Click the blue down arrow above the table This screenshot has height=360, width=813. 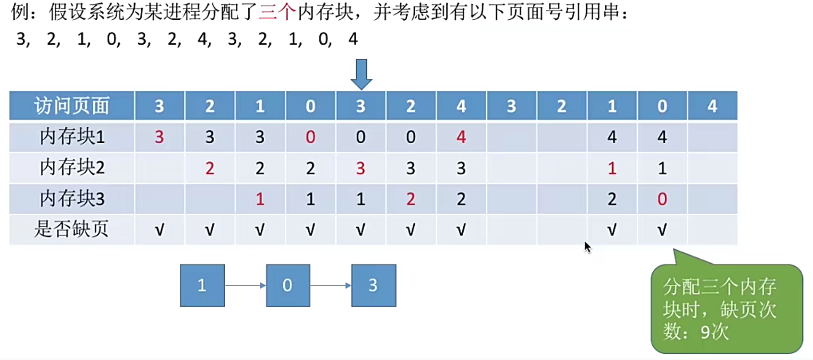click(x=361, y=74)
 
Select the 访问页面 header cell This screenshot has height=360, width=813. click(x=72, y=106)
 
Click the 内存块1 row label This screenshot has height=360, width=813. click(x=72, y=137)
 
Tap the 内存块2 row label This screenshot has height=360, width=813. click(x=72, y=168)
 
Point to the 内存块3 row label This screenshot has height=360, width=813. click(x=72, y=199)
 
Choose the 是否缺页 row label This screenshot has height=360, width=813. click(x=72, y=230)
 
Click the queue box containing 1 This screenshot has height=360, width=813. click(x=202, y=285)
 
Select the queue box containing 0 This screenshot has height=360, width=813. click(x=288, y=285)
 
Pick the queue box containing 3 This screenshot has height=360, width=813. click(x=373, y=285)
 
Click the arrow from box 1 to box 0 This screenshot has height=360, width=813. click(x=245, y=286)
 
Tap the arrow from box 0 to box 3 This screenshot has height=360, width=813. click(x=331, y=286)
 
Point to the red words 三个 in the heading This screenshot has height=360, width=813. click(x=277, y=13)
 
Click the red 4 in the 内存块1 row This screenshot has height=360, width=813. click(x=461, y=137)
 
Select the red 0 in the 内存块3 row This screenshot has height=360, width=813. click(x=662, y=199)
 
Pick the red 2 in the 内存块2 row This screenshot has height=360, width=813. click(x=210, y=168)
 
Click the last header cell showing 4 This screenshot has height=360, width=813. click(x=712, y=106)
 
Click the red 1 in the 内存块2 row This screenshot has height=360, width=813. click(x=612, y=168)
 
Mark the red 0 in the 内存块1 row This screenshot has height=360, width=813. click(x=310, y=137)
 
